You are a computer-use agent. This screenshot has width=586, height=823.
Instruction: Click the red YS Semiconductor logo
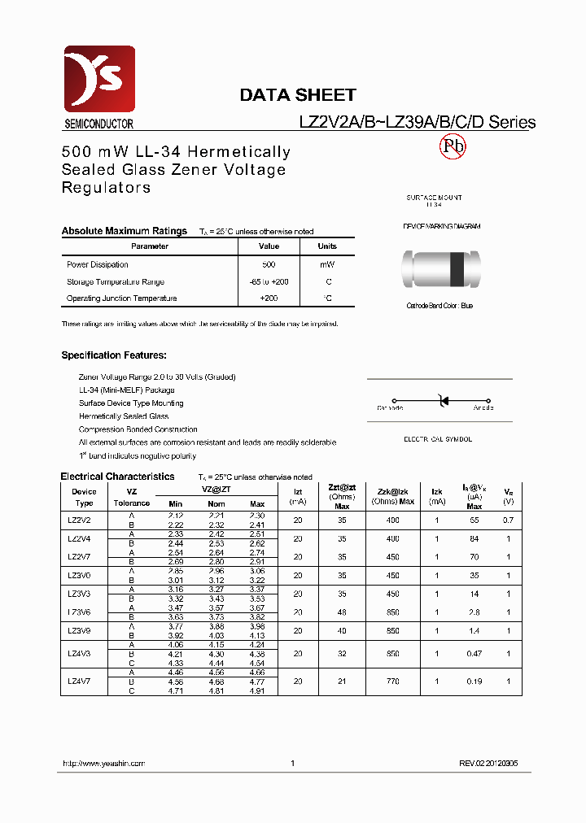[x=98, y=80]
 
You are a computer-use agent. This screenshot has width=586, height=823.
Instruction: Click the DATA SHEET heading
[x=297, y=95]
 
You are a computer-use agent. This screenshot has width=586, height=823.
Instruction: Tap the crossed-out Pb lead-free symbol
[x=453, y=146]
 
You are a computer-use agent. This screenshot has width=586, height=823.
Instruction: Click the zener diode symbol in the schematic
[x=444, y=401]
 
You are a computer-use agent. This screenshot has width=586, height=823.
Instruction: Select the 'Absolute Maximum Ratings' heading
[x=124, y=231]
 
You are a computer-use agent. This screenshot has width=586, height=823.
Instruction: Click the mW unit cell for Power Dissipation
[x=326, y=264]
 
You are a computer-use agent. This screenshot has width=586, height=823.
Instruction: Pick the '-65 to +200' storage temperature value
[x=269, y=281]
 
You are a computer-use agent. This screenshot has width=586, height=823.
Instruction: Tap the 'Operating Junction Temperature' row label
[x=121, y=298]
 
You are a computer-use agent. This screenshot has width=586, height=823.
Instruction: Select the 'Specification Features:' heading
[x=114, y=355]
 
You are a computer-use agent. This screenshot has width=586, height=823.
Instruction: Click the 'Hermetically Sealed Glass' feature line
[x=124, y=416]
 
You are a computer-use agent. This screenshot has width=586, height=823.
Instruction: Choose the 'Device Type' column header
[x=84, y=497]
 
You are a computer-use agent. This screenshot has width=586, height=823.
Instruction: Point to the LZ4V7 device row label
[x=80, y=681]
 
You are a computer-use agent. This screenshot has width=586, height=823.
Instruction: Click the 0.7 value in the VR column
[x=508, y=520]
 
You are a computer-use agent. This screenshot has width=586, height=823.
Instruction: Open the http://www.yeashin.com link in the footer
[x=103, y=764]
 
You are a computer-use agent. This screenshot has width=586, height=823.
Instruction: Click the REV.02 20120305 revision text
[x=488, y=764]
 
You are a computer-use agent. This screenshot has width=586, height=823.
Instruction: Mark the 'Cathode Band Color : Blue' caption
[x=439, y=306]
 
